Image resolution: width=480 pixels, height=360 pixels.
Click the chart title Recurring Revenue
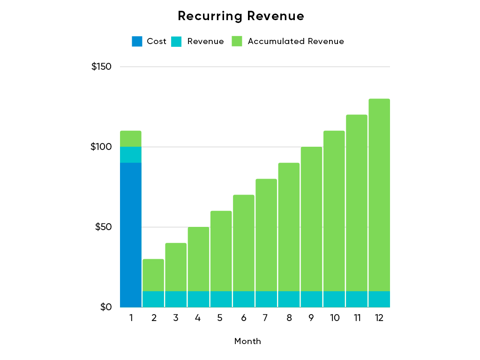click(241, 16)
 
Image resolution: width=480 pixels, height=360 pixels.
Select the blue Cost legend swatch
click(137, 41)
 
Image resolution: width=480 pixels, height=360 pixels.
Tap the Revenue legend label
click(205, 41)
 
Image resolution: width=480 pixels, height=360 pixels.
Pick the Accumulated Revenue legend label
click(296, 41)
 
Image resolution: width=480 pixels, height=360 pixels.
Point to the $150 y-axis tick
click(101, 67)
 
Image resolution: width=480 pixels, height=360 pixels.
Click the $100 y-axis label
click(101, 147)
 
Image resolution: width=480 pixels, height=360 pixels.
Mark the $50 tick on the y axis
click(104, 227)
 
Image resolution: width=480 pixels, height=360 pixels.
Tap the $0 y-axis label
click(106, 307)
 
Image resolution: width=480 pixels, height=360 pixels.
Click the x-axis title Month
click(247, 341)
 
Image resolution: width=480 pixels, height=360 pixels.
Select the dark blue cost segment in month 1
click(131, 234)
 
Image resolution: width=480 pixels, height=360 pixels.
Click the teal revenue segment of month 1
click(131, 155)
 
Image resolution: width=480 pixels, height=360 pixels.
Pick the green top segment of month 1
click(131, 139)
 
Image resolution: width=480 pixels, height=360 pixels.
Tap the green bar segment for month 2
click(153, 275)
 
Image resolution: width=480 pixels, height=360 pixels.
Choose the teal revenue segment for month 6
click(244, 299)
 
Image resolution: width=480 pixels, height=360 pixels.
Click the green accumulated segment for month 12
click(379, 195)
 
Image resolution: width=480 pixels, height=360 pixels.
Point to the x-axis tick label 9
click(311, 318)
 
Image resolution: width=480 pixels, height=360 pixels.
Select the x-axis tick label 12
click(379, 318)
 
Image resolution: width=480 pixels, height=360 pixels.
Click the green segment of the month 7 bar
click(266, 234)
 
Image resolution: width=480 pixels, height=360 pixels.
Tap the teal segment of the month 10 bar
click(334, 299)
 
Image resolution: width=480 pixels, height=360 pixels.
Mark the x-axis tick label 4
click(198, 318)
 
